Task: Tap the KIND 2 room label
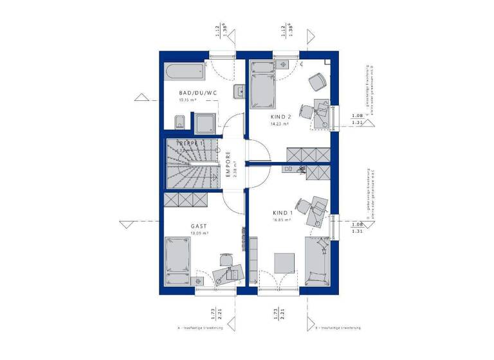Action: coord(280,116)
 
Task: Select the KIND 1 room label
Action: coord(282,213)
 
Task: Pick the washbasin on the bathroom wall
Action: coord(240,92)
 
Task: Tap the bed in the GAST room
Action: coord(178,262)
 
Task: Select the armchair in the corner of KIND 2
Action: coord(316,82)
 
